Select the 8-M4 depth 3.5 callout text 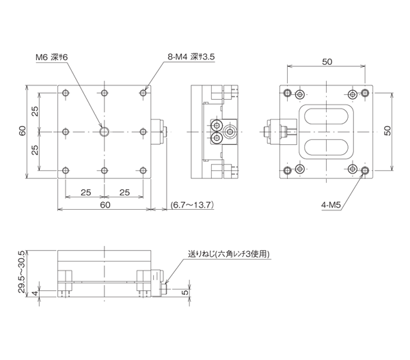191,59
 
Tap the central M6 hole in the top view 103,131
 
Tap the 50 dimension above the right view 326,61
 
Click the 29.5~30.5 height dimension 22,271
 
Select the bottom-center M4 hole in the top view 103,169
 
